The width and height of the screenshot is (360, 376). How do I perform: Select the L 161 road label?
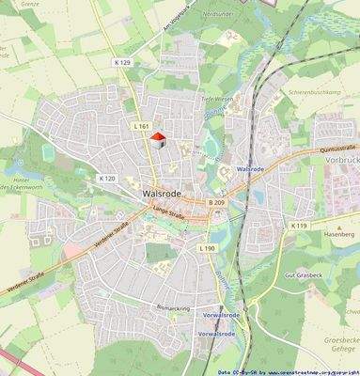point(142,126)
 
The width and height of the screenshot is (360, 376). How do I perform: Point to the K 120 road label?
point(106,178)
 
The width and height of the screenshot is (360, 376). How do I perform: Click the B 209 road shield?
point(216,202)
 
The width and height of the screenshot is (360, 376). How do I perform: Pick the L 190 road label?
point(208,247)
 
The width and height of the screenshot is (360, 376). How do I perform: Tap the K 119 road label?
point(299,226)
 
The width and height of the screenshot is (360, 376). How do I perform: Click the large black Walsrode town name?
point(157,196)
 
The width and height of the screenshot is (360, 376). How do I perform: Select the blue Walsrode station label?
point(250,169)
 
